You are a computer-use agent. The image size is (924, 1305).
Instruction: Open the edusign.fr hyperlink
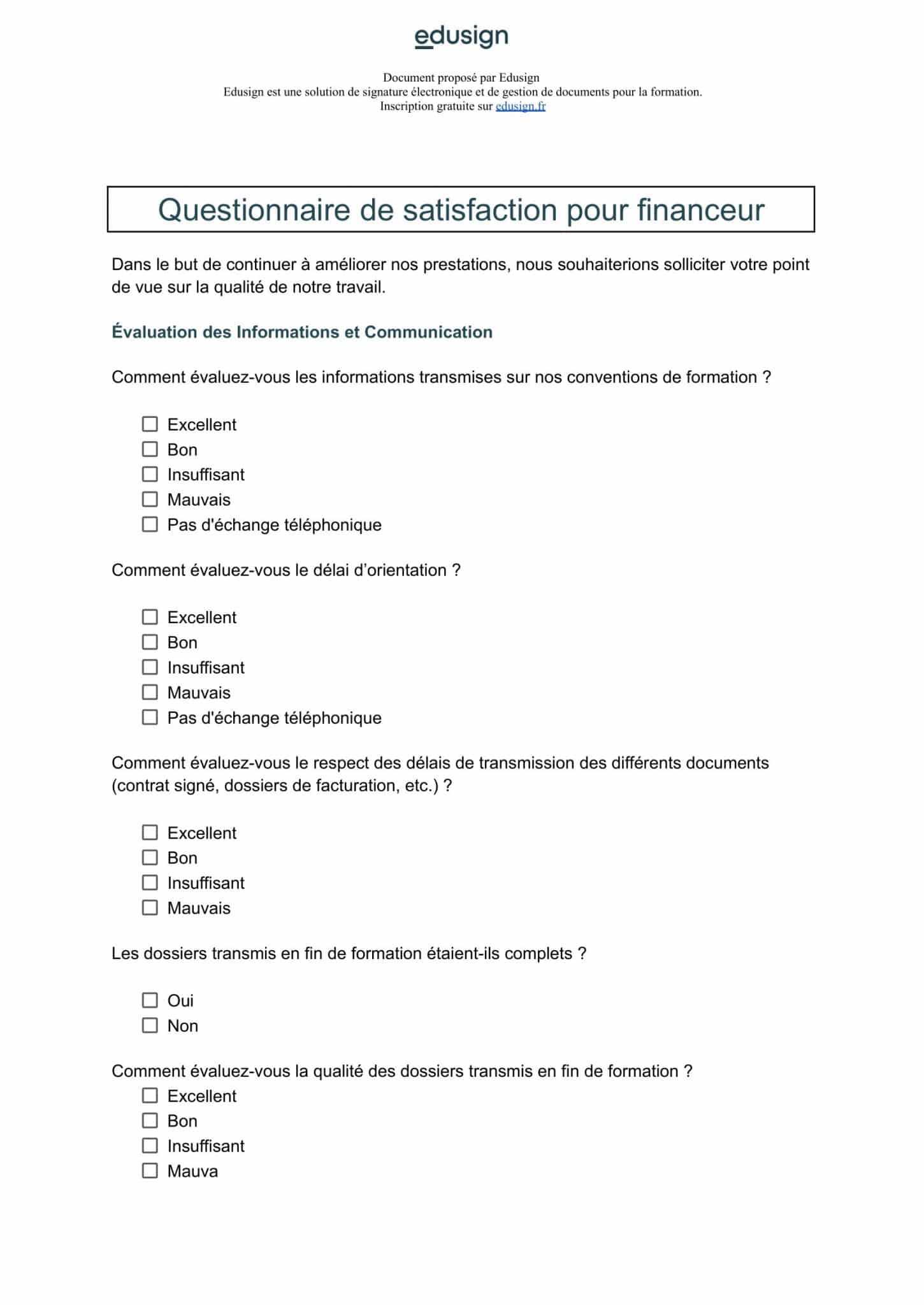(520, 106)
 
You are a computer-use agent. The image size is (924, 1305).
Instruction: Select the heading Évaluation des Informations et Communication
(301, 332)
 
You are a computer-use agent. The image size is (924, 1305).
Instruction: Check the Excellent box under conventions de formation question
(150, 424)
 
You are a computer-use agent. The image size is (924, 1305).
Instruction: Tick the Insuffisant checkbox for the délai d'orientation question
(150, 667)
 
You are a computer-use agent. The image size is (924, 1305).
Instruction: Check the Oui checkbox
(150, 1000)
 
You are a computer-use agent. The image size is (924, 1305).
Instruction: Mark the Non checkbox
(150, 1025)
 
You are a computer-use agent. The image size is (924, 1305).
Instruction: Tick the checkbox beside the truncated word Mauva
(150, 1171)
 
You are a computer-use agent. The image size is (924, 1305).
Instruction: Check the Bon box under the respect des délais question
(150, 858)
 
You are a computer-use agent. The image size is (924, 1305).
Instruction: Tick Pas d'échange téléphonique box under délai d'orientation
(150, 717)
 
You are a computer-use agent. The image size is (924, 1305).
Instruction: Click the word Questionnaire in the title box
(254, 210)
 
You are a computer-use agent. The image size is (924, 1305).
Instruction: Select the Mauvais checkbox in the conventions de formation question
(150, 499)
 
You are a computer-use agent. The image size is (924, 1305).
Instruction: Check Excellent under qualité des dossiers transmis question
(150, 1095)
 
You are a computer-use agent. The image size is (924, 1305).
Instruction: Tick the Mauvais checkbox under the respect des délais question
(150, 907)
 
